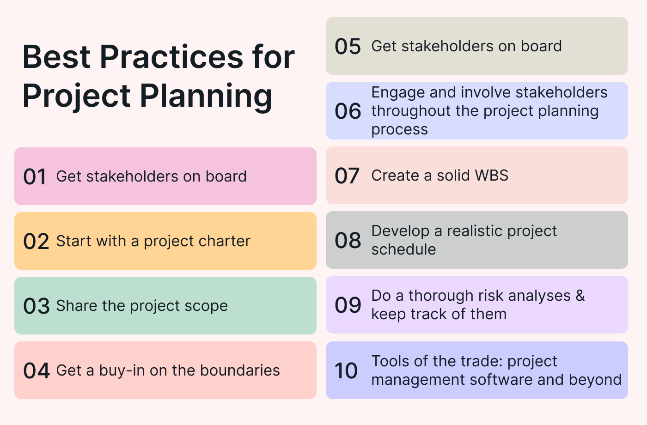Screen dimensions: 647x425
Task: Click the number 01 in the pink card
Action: (x=35, y=176)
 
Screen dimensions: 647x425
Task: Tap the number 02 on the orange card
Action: (x=36, y=241)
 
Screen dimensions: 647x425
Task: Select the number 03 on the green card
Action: (x=37, y=306)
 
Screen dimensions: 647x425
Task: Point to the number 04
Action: (x=37, y=370)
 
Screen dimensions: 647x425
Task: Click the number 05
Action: (x=348, y=46)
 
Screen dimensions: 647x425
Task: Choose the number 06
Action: (x=348, y=111)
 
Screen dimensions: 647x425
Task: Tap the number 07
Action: (x=347, y=176)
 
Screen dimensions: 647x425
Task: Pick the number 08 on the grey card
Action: (x=348, y=240)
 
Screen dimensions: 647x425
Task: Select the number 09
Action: (x=348, y=305)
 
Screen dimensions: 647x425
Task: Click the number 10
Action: (x=346, y=370)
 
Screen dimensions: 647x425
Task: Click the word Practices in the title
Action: (x=171, y=57)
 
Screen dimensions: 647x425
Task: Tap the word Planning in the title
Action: (x=206, y=96)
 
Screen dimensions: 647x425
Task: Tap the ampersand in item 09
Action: (x=580, y=296)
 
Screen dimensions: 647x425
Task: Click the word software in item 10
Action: (x=501, y=379)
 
